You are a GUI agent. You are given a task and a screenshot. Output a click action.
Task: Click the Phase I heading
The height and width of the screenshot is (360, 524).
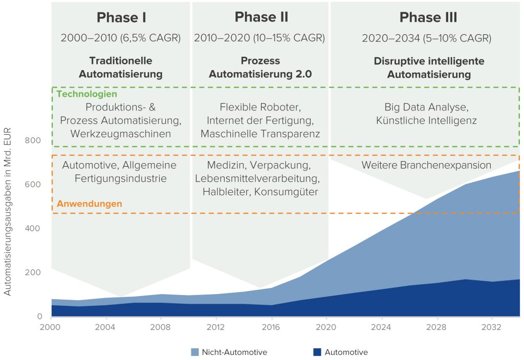[121, 17]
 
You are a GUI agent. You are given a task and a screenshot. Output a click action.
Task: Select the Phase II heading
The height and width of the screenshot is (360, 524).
[261, 17]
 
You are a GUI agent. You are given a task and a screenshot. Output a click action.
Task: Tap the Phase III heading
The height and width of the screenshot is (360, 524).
[428, 17]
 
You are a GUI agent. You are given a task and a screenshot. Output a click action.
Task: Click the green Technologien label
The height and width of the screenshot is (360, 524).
[86, 94]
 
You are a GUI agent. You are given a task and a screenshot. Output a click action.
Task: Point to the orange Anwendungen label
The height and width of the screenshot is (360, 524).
[90, 204]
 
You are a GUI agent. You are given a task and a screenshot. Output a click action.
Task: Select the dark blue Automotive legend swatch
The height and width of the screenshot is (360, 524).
[317, 352]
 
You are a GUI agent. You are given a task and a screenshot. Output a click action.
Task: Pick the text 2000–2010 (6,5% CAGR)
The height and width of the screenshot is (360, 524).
[121, 38]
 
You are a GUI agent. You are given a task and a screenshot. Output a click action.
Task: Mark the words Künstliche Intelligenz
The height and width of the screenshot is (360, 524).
[426, 121]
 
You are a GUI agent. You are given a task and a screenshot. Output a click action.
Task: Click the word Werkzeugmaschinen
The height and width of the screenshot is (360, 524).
[121, 133]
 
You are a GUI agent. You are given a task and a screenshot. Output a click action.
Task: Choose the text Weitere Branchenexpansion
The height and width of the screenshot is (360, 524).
[426, 165]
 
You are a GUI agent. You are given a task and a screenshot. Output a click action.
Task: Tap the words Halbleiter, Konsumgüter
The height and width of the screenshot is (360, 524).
[260, 192]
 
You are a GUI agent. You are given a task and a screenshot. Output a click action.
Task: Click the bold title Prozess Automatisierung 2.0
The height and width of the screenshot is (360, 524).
[261, 67]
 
